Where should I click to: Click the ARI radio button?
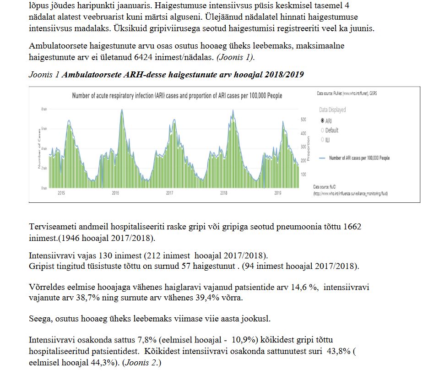pyautogui.click(x=322, y=121)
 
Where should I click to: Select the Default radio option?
pyautogui.click(x=322, y=130)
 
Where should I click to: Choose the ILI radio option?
pyautogui.click(x=322, y=140)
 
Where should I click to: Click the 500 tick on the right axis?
pyautogui.click(x=303, y=120)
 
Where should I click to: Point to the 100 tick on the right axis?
pyautogui.click(x=303, y=175)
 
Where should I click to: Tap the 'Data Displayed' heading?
pyautogui.click(x=332, y=110)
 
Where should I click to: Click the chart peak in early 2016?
pyautogui.click(x=122, y=110)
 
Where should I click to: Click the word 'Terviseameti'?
pyautogui.click(x=51, y=227)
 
